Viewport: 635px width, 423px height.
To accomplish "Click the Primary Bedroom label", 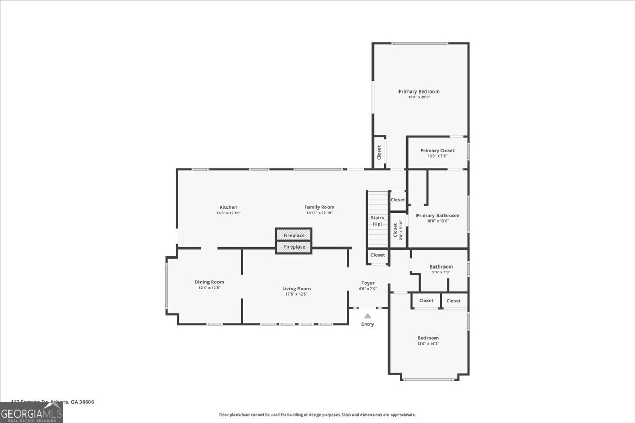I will point(419,91).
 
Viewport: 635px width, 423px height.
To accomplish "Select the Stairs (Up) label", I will point(377,220).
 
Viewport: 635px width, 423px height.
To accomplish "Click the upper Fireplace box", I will point(294,235).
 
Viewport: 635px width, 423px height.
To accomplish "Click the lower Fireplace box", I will point(294,247).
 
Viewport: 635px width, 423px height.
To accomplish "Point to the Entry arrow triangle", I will point(367,316).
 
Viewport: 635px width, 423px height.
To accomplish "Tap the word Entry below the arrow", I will point(367,324).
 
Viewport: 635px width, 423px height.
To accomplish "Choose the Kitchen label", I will point(228,207).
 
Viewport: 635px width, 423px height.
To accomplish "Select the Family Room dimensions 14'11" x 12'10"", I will point(319,213).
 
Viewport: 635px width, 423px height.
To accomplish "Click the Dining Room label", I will point(209,282).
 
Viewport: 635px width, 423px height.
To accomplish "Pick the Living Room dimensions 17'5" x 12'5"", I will point(296,294).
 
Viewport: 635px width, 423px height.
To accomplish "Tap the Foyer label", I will point(368,283).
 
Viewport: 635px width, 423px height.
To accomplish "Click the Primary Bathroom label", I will point(438,215).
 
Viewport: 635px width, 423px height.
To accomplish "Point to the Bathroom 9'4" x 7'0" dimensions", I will point(441,272).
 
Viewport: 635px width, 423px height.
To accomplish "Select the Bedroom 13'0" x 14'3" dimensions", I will point(428,344).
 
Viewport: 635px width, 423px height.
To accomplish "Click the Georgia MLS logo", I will point(32,412).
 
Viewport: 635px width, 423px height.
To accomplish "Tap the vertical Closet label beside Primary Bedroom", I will point(379,152).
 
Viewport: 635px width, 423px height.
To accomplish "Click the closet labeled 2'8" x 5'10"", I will point(397,231).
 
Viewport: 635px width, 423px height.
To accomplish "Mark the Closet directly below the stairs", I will point(378,255).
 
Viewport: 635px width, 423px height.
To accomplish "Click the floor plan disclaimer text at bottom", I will point(317,415).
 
